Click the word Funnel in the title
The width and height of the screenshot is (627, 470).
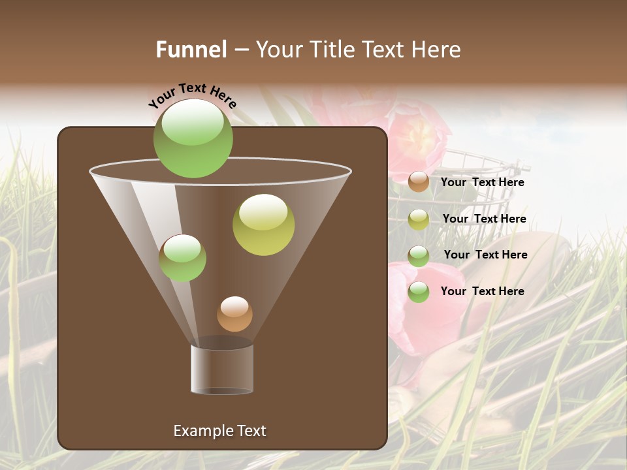point(191,50)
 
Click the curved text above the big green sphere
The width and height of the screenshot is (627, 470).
point(193,95)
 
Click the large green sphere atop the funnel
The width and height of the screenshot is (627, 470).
point(193,138)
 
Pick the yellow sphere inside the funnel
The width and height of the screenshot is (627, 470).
point(263,225)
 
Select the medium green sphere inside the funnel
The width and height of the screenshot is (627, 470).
point(182,258)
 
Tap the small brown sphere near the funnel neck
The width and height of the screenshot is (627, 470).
point(234,314)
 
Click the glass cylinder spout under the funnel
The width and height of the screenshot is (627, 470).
point(222,369)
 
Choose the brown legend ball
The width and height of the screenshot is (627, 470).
point(419,182)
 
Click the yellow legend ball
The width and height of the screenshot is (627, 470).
point(419,219)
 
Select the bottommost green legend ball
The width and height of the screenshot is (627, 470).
point(419,292)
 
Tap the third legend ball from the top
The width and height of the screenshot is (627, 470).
point(419,256)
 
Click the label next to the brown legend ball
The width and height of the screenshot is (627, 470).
point(482,183)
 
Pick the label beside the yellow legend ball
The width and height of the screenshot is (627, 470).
point(484,219)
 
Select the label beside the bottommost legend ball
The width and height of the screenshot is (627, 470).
point(482,291)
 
